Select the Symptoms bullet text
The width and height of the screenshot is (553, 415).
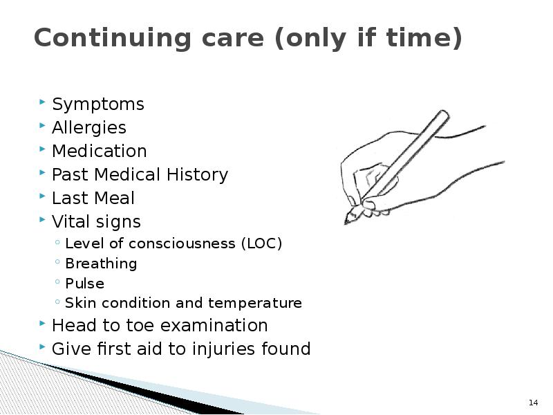[x=98, y=104]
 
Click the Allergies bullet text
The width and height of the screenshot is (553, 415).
[x=89, y=128]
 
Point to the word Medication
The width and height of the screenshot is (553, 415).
[x=100, y=151]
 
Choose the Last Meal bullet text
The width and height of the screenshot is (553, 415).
[x=93, y=199]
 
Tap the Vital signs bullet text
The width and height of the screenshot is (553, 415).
[x=96, y=222]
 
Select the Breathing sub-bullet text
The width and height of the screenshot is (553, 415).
[x=101, y=264]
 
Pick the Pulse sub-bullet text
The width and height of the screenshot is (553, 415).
[x=84, y=284]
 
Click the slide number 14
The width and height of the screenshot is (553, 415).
[x=533, y=403]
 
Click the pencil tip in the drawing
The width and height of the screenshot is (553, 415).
[x=348, y=221]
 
